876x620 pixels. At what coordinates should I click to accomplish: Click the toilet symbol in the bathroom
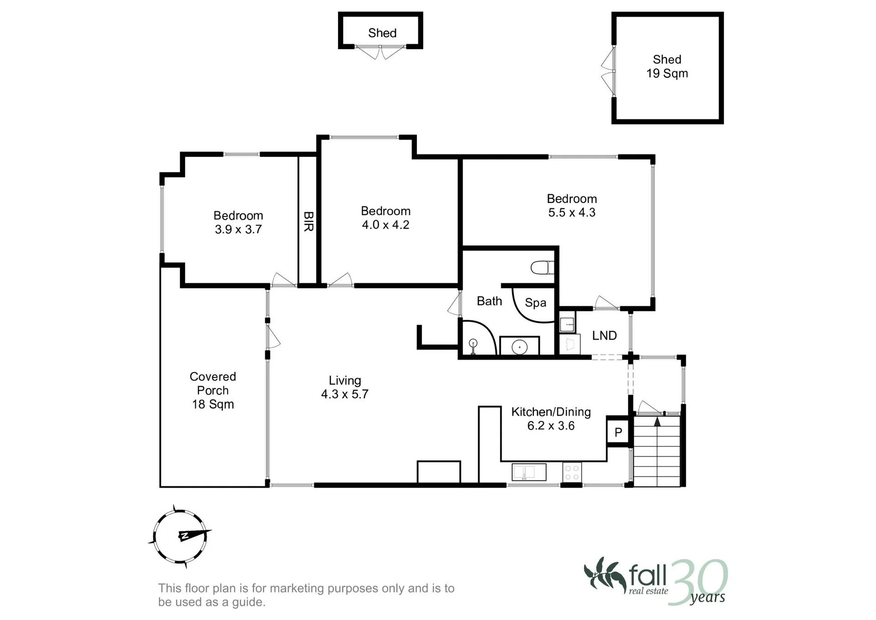(x=542, y=268)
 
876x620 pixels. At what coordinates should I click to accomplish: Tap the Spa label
(x=536, y=303)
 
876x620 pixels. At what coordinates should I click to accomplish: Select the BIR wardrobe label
(x=308, y=221)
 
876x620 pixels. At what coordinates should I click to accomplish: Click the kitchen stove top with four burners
(x=572, y=472)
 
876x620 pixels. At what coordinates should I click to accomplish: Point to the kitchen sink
(x=529, y=472)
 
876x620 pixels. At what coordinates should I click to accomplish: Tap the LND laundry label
(x=605, y=336)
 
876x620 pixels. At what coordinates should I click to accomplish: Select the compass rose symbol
(x=180, y=536)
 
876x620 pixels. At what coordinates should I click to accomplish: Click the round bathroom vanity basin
(x=520, y=347)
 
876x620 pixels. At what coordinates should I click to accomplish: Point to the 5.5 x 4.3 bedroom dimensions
(x=572, y=212)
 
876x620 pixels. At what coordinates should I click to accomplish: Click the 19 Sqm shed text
(x=667, y=74)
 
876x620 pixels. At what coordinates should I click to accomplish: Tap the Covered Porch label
(x=213, y=384)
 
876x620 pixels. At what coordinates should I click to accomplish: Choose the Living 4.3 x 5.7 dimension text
(x=345, y=387)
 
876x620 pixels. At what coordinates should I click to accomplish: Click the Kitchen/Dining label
(x=551, y=412)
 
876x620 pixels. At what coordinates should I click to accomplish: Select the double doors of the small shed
(x=380, y=52)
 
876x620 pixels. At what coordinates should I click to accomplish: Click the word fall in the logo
(x=648, y=576)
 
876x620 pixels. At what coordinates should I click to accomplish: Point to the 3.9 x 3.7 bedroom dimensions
(x=238, y=229)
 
